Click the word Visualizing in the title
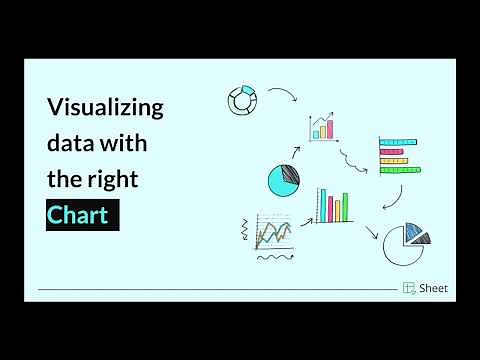click(x=105, y=108)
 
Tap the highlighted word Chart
click(x=83, y=215)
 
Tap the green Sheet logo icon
click(x=410, y=288)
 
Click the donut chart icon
click(x=243, y=100)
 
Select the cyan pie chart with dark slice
click(x=284, y=180)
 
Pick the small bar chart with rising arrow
click(x=322, y=126)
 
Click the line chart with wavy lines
click(x=274, y=233)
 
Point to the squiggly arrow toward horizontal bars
click(x=352, y=160)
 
